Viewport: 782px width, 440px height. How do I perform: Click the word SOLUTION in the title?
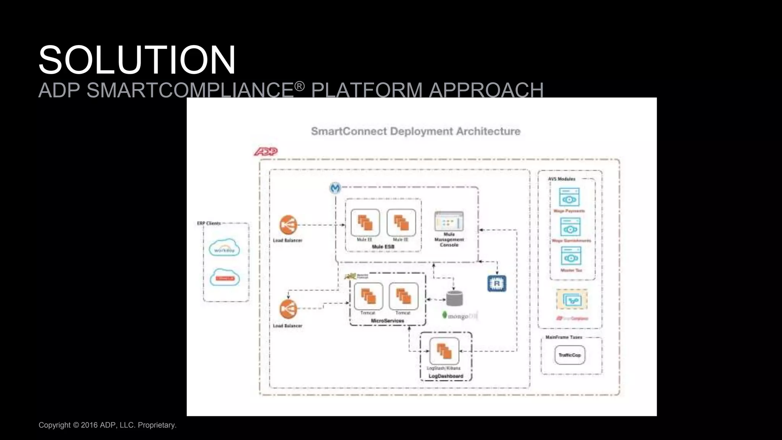click(x=137, y=60)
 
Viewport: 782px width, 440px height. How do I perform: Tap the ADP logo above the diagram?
click(x=266, y=152)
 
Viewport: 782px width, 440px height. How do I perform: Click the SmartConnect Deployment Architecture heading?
click(x=415, y=131)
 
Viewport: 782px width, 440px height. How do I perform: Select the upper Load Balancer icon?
click(x=288, y=225)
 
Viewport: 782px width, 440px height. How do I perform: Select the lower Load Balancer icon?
click(x=288, y=309)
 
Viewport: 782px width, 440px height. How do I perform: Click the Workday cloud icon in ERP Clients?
click(x=225, y=248)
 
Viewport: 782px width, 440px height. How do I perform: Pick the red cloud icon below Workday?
click(x=225, y=278)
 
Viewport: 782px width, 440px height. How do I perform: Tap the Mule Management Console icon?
click(x=449, y=221)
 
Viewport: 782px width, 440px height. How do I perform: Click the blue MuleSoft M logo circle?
click(x=335, y=188)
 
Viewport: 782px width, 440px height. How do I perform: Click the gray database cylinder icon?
click(x=454, y=298)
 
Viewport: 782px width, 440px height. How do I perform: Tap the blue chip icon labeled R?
click(x=497, y=283)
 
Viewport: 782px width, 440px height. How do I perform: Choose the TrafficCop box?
click(x=569, y=355)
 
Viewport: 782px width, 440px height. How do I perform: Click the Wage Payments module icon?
click(x=569, y=197)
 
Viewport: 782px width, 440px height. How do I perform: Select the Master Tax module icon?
click(x=571, y=256)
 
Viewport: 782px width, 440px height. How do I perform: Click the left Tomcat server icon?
click(x=368, y=296)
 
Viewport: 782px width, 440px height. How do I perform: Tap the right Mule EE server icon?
click(x=401, y=223)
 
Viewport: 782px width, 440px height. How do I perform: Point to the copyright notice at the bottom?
click(x=107, y=425)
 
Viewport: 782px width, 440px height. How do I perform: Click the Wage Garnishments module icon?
click(x=570, y=227)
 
